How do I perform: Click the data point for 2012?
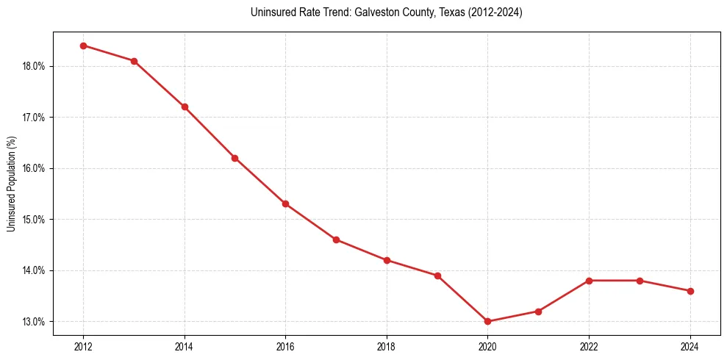(83, 46)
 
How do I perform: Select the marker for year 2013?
(134, 61)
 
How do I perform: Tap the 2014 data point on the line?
(185, 107)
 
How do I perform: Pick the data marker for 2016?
(285, 204)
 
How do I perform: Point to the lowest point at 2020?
(487, 321)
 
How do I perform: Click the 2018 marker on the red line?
(387, 260)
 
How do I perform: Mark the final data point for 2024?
(690, 291)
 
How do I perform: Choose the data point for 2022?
(589, 281)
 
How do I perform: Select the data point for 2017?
(336, 240)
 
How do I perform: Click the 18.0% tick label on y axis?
(34, 66)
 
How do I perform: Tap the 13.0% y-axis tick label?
(34, 322)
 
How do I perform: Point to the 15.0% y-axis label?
(34, 220)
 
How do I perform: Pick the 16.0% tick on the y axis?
(34, 168)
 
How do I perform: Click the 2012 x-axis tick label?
(83, 347)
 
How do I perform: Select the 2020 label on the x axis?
(487, 347)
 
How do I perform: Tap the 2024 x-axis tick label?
(690, 347)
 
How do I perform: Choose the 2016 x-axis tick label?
(285, 347)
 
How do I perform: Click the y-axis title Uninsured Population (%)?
(12, 184)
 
